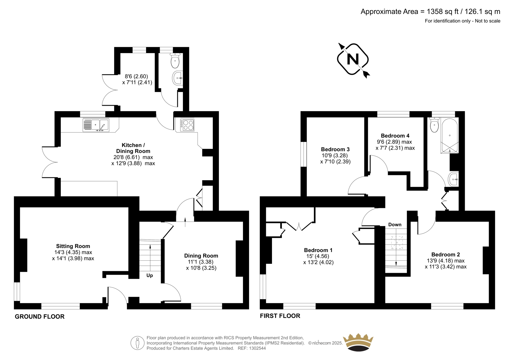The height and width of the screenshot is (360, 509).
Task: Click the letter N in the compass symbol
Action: click(x=353, y=59)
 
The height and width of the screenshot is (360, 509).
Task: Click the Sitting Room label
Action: click(x=73, y=246)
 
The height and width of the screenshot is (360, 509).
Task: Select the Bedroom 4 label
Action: click(x=395, y=136)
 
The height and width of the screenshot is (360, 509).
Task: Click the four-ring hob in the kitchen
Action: click(x=187, y=125)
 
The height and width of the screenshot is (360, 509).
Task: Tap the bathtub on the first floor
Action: click(x=450, y=136)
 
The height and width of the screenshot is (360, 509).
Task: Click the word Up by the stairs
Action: click(x=150, y=275)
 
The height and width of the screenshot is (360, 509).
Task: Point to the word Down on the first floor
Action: click(x=395, y=225)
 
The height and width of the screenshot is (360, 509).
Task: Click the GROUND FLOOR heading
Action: click(x=39, y=317)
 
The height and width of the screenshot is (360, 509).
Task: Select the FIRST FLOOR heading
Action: click(x=280, y=316)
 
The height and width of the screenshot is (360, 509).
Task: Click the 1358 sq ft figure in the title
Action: click(x=441, y=11)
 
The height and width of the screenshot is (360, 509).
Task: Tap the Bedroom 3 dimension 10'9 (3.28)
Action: click(x=335, y=156)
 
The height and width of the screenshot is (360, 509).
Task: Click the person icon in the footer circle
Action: click(x=137, y=343)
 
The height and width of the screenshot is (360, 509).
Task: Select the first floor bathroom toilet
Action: click(x=434, y=125)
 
